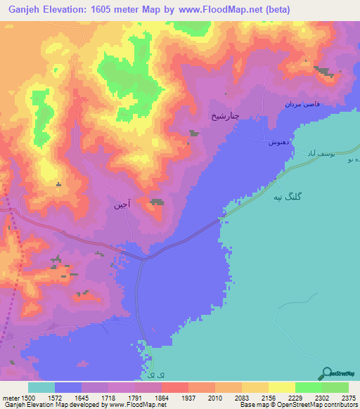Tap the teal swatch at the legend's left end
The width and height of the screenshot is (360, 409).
(x=41, y=388)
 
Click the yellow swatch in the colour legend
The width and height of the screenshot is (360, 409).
(x=281, y=388)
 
